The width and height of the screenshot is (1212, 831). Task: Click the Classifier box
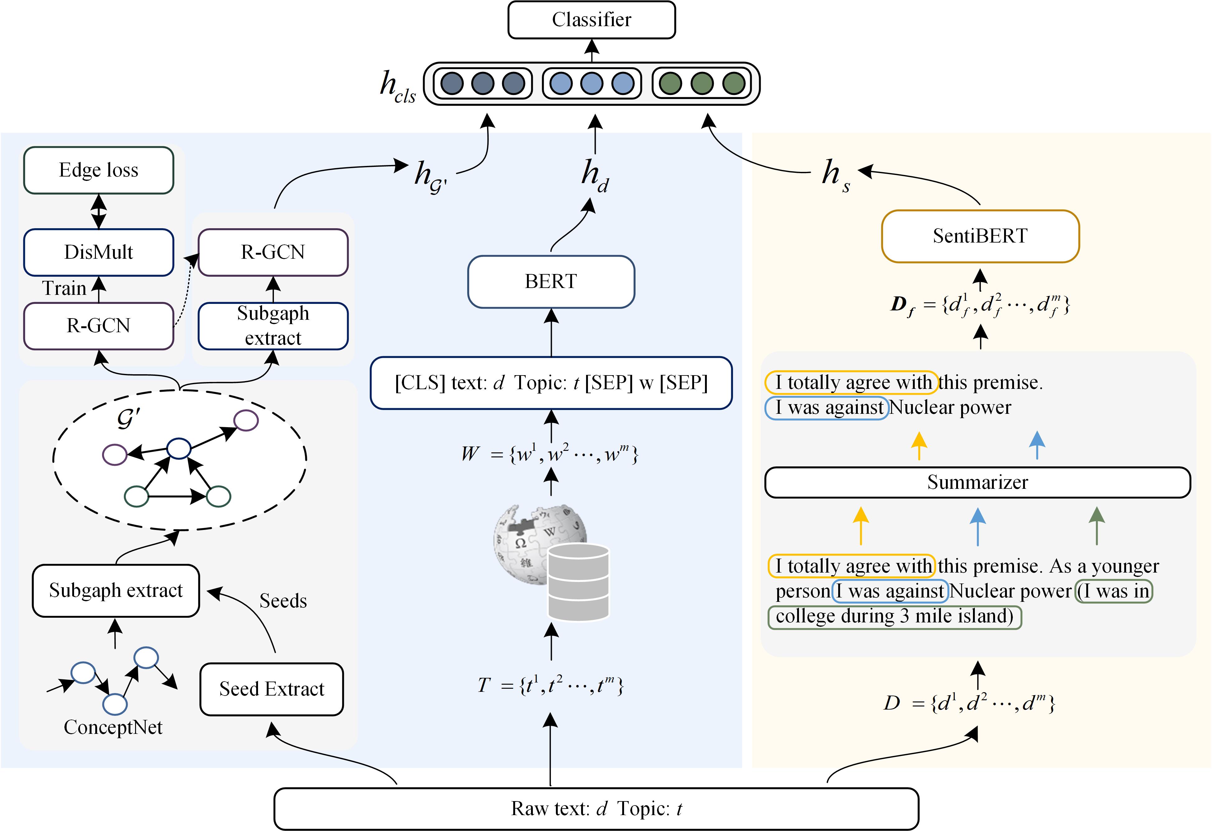pos(591,20)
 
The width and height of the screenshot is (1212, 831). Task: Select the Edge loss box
pos(99,170)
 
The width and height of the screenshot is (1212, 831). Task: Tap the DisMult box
pos(99,252)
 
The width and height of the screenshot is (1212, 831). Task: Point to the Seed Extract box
pos(272,689)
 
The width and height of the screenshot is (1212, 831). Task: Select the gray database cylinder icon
pos(578,582)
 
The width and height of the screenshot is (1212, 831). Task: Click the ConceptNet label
pos(113,727)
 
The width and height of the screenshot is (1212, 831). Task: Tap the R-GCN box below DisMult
pos(99,325)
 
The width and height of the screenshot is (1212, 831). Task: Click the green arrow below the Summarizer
pos(1097,526)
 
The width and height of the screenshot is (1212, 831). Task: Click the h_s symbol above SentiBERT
pos(836,176)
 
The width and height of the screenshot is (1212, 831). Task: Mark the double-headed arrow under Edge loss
pos(99,211)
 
